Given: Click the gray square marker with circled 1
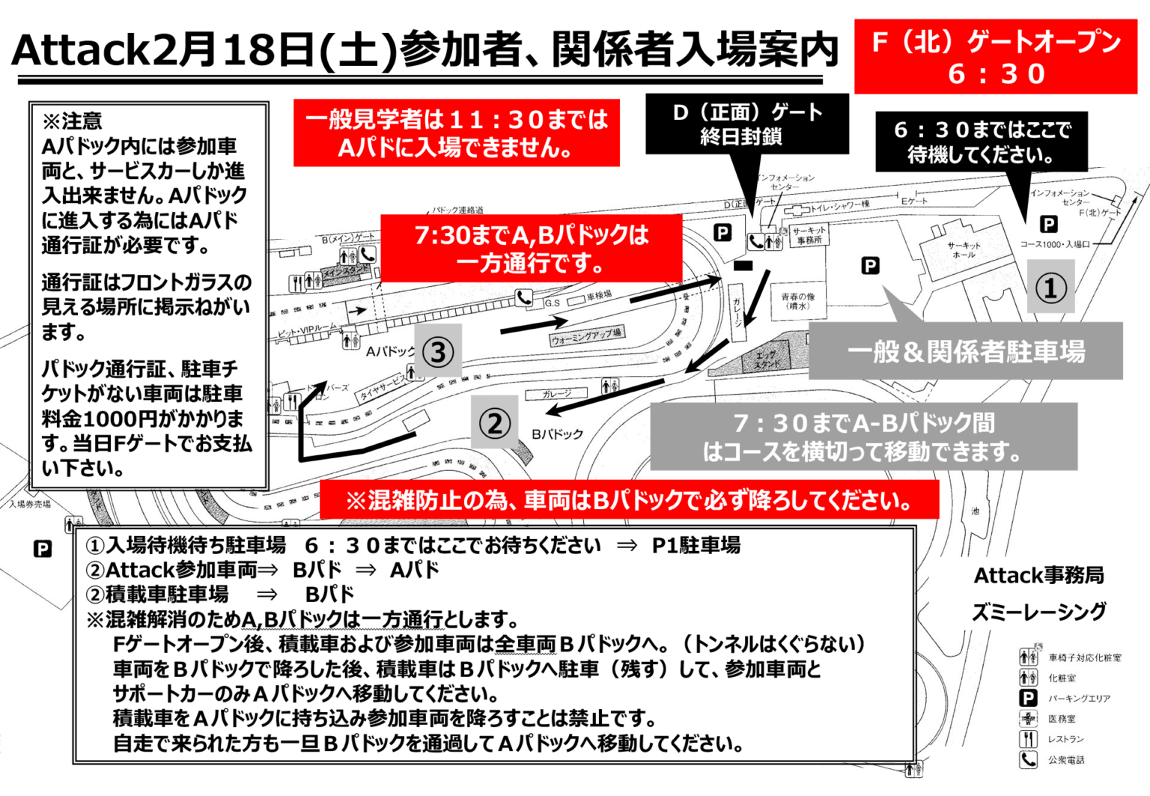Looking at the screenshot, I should tap(1050, 287).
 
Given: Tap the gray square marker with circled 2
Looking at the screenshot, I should tap(494, 423).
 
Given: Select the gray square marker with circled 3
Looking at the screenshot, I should tap(438, 351).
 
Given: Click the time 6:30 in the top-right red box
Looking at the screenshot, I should tap(996, 74).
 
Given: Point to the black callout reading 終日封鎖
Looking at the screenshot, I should tap(741, 136).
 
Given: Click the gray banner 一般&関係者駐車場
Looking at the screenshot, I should tap(966, 351).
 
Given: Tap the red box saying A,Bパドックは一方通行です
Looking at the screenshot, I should tap(531, 249).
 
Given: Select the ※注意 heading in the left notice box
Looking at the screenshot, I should tap(73, 121).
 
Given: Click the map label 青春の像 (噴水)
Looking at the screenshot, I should tap(797, 301).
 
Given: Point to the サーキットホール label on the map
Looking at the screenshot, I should tap(964, 250).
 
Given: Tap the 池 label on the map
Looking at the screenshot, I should tap(975, 511).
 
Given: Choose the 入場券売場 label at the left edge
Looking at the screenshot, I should tap(30, 504).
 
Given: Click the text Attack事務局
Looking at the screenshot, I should tap(1038, 575).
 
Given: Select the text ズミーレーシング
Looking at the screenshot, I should tap(1038, 612).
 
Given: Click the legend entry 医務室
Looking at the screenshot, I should tap(1062, 719).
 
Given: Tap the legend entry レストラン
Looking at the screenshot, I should tap(1065, 739).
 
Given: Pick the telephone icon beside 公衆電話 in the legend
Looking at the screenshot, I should tap(1029, 759).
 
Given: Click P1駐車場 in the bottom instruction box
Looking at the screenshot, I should tap(696, 545).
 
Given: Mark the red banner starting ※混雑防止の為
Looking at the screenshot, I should tap(629, 500).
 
